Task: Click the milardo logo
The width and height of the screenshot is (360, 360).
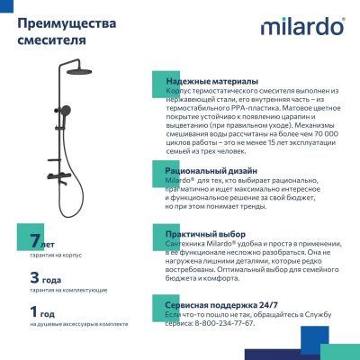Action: click(302, 26)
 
